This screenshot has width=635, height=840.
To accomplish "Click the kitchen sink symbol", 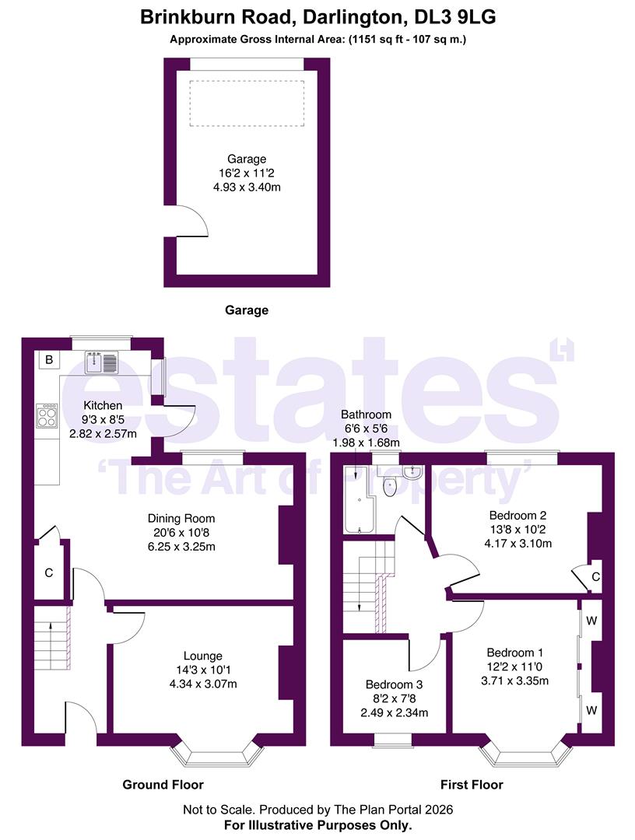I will (101, 361).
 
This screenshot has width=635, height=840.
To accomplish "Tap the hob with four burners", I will (46, 415).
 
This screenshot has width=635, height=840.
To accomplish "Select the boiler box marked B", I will (48, 359).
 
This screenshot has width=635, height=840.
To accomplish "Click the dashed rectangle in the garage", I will (247, 103).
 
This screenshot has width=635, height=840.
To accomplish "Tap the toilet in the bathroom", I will (390, 487).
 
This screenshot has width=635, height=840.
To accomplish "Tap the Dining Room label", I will (181, 518).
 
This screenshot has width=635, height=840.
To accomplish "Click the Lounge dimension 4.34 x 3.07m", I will (204, 684).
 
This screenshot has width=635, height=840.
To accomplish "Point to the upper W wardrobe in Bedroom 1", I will (591, 621).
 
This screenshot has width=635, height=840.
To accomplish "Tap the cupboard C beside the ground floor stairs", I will (48, 573).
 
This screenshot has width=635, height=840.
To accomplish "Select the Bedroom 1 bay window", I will (522, 753).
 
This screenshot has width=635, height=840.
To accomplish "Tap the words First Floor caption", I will (472, 785).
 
